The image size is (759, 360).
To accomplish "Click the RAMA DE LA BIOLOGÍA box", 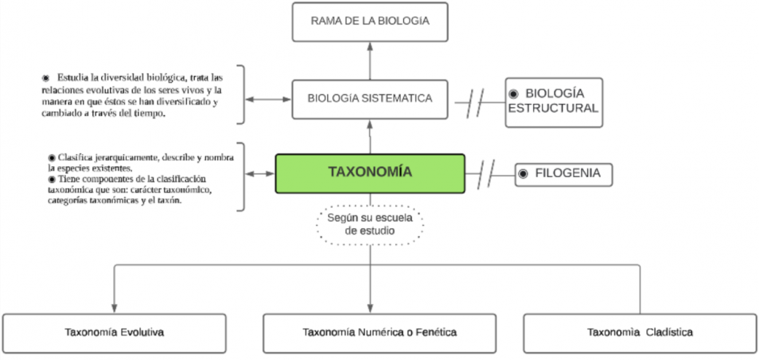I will tap(369, 22).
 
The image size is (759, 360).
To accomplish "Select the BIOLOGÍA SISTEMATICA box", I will tap(369, 98).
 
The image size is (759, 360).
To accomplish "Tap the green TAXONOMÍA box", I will tap(370, 173).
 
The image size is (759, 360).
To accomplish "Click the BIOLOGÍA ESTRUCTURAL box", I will tap(554, 102).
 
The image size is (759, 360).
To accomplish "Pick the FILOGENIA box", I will tap(564, 175).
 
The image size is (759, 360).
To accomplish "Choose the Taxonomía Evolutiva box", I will tap(114, 333).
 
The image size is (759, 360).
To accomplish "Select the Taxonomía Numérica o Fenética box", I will tap(379, 333).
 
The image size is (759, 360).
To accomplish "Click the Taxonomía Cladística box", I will tap(639, 333).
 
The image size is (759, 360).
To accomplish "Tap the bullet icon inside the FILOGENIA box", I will tap(523, 174).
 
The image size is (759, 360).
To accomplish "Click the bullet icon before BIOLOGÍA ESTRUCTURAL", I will tap(513, 93).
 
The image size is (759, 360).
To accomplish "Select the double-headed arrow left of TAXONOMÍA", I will tap(260, 174).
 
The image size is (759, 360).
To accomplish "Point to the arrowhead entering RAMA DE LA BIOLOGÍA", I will tap(370, 46).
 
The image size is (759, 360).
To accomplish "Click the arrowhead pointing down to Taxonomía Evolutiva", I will tap(114, 308).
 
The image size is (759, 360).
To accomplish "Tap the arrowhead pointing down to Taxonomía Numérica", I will tap(370, 308).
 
